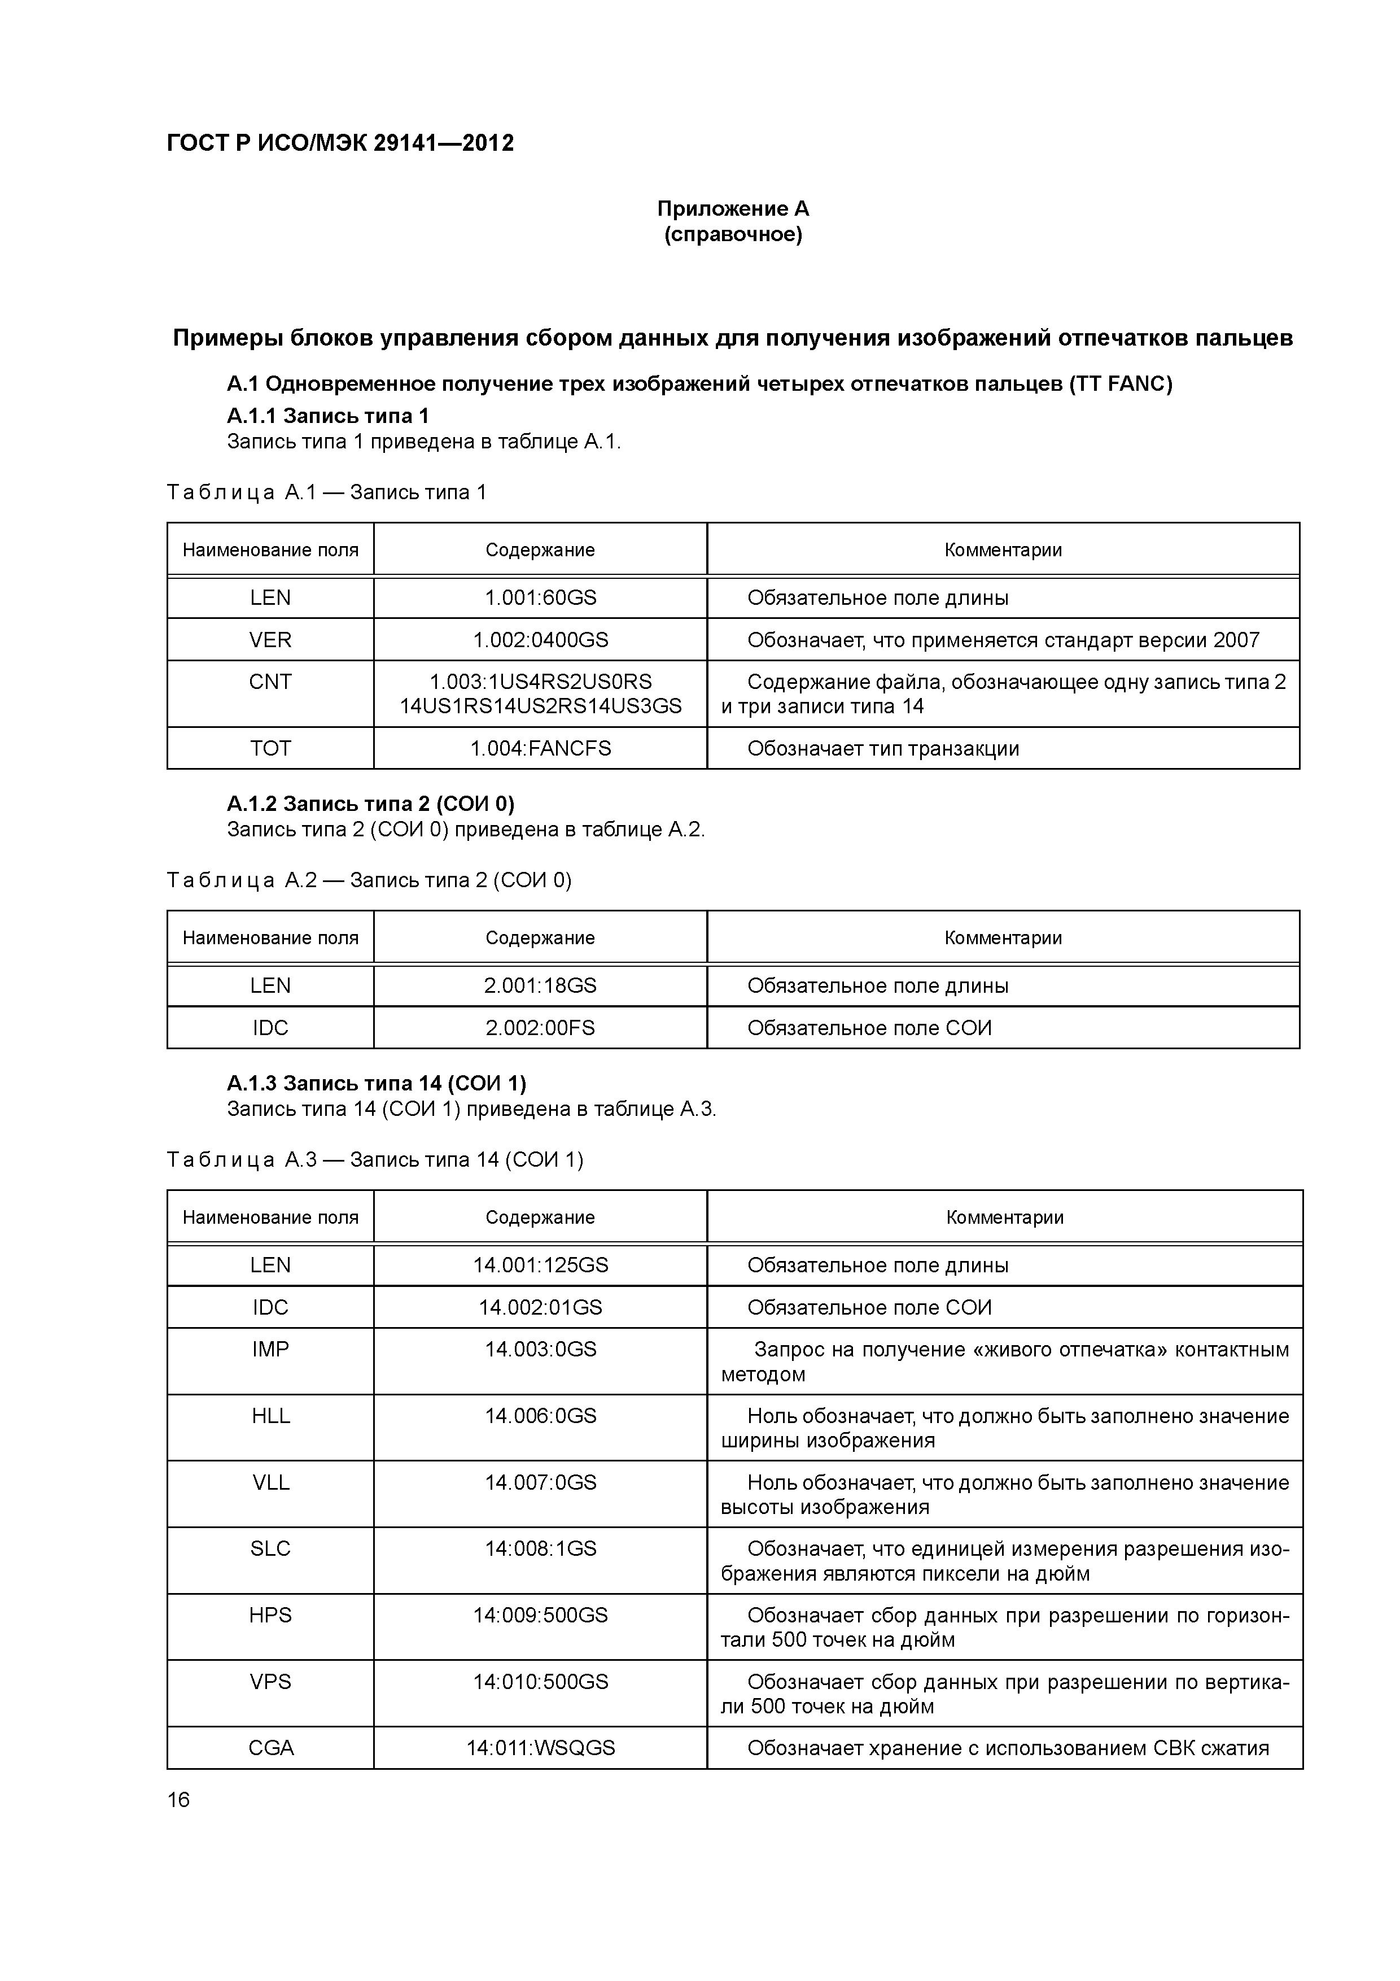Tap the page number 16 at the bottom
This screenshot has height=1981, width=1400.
pyautogui.click(x=178, y=1800)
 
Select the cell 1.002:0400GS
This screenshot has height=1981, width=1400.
pyautogui.click(x=540, y=640)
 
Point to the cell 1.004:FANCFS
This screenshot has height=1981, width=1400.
pyautogui.click(x=540, y=748)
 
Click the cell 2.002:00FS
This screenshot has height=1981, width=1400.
pyautogui.click(x=540, y=1028)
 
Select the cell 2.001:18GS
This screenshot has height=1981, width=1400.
pyautogui.click(x=540, y=985)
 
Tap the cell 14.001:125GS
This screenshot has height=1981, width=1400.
pyautogui.click(x=540, y=1265)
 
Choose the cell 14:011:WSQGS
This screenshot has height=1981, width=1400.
pyautogui.click(x=540, y=1748)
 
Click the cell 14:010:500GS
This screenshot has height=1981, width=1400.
pyautogui.click(x=540, y=1682)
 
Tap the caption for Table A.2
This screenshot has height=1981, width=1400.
pyautogui.click(x=369, y=880)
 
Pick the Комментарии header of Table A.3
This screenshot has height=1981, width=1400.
pyautogui.click(x=1004, y=1218)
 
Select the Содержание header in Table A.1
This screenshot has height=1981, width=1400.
pyautogui.click(x=540, y=549)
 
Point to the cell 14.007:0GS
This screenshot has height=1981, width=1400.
pyautogui.click(x=540, y=1482)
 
